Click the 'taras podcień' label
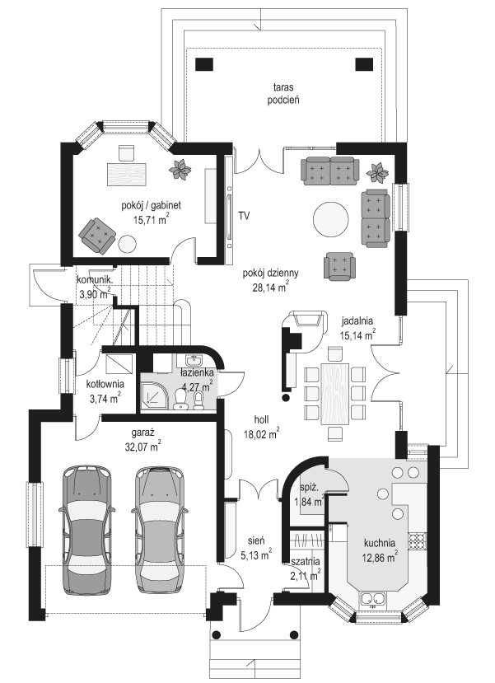click(283, 93)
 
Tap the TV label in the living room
click(245, 215)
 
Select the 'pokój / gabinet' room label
click(151, 204)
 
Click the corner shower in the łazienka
click(153, 396)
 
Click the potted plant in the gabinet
click(179, 169)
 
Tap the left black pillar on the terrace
click(204, 64)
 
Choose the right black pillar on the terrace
click(364, 64)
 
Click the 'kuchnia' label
click(380, 543)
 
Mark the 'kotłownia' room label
click(105, 384)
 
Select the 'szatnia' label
click(306, 561)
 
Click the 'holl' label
click(262, 420)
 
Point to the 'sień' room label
click(256, 540)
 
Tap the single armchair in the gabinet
click(97, 235)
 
